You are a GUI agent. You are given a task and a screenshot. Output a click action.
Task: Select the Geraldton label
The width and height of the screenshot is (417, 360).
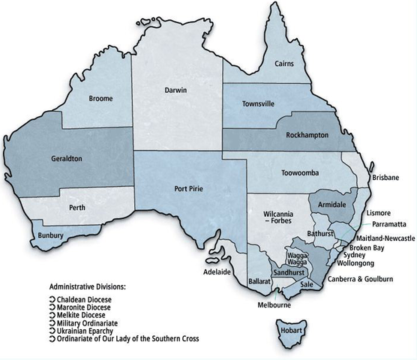[x=63, y=159]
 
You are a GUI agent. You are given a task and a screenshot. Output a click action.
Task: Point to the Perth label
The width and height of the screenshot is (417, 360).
[x=76, y=206]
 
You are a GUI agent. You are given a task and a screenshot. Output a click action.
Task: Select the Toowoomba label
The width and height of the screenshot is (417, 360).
[x=280, y=173]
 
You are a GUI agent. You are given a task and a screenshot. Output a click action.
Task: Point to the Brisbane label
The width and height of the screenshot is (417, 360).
[x=386, y=178]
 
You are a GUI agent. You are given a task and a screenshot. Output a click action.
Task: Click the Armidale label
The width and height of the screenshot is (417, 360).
[x=331, y=203]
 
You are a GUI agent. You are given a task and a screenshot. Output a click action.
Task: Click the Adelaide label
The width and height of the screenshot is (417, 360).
[x=215, y=271]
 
